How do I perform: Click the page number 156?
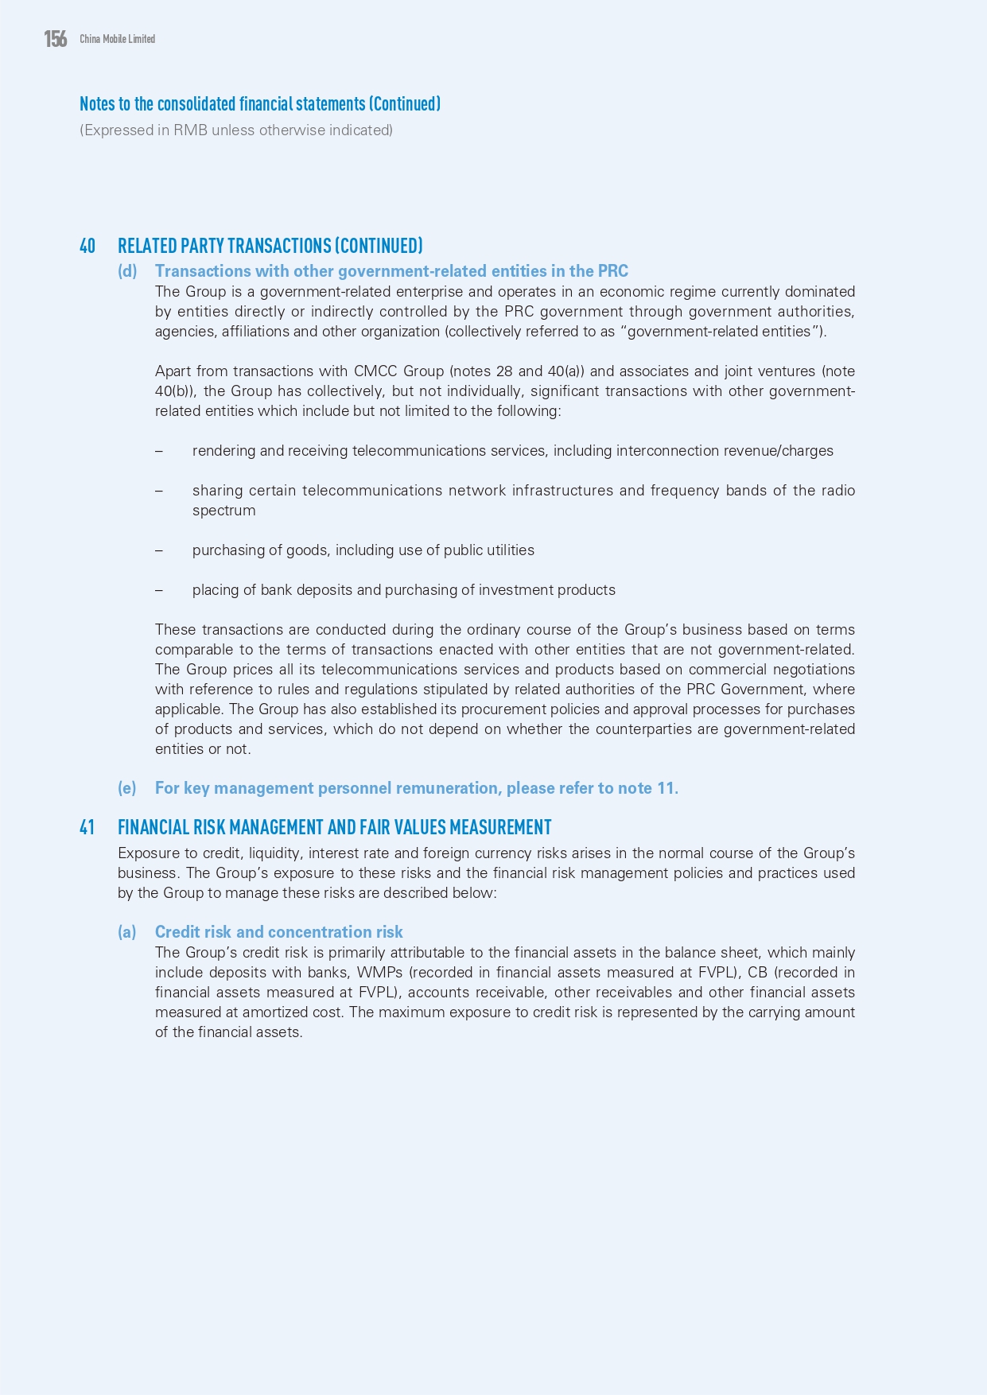pyautogui.click(x=56, y=38)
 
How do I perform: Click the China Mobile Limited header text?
pyautogui.click(x=117, y=39)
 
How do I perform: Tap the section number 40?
pyautogui.click(x=87, y=246)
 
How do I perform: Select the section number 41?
pyautogui.click(x=87, y=828)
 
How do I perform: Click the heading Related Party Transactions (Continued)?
pyautogui.click(x=270, y=246)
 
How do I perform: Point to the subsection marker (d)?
pyautogui.click(x=127, y=271)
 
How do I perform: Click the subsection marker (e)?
pyautogui.click(x=127, y=788)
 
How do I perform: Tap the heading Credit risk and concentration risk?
pyautogui.click(x=278, y=932)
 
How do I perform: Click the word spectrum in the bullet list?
pyautogui.click(x=223, y=511)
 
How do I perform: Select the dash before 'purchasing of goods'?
pyautogui.click(x=159, y=550)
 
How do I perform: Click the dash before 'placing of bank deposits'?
pyautogui.click(x=159, y=590)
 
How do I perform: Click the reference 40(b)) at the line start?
pyautogui.click(x=176, y=391)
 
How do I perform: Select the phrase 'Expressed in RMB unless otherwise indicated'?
pyautogui.click(x=236, y=130)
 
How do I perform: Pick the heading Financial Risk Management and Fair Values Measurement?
pyautogui.click(x=334, y=828)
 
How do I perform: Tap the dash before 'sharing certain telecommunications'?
pyautogui.click(x=159, y=491)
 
